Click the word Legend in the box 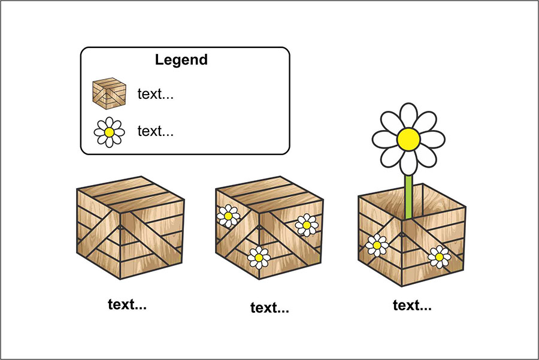pyautogui.click(x=181, y=60)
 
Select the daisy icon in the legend pyautogui.click(x=109, y=132)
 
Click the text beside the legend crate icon pyautogui.click(x=156, y=94)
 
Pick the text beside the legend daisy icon pyautogui.click(x=156, y=131)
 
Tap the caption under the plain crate pyautogui.click(x=127, y=304)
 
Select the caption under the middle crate pyautogui.click(x=269, y=308)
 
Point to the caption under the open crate pyautogui.click(x=412, y=305)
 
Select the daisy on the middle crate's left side pyautogui.click(x=228, y=216)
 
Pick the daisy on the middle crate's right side pyautogui.click(x=306, y=225)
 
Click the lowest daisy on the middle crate pyautogui.click(x=259, y=257)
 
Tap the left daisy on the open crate pyautogui.click(x=377, y=245)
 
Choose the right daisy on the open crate pyautogui.click(x=439, y=256)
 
